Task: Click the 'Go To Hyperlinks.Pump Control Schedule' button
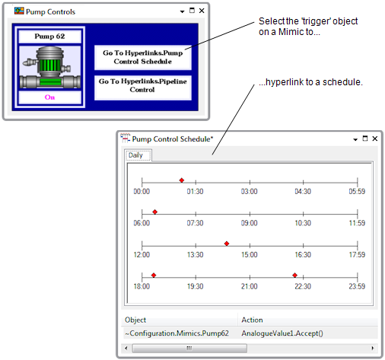coord(143,57)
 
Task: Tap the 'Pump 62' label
coord(49,37)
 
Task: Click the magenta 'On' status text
coord(49,97)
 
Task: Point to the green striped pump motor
coord(49,65)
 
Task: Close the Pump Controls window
coord(202,11)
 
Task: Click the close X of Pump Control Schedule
coord(375,139)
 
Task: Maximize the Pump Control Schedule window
coord(365,139)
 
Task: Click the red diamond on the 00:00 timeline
coord(182,180)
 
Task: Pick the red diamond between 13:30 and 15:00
coord(227,244)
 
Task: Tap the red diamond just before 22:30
coord(294,275)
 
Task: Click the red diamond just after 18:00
coord(154,275)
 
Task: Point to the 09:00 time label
coord(250,223)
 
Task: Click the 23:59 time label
coord(357,286)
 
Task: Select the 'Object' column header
coord(135,320)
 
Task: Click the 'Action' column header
coord(252,320)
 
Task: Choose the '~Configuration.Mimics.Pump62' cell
coord(177,333)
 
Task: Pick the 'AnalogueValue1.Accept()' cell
coord(282,333)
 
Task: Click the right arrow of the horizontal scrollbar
coord(373,348)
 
